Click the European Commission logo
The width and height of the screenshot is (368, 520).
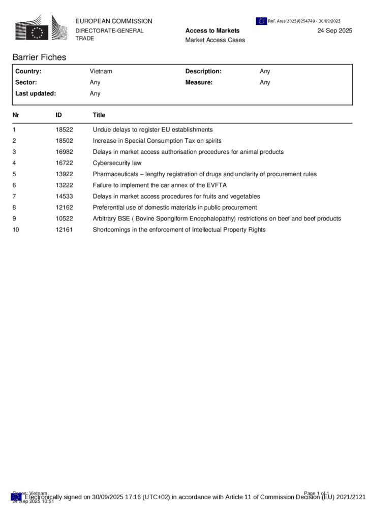pyautogui.click(x=40, y=28)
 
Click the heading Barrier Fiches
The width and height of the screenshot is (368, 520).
pyautogui.click(x=39, y=57)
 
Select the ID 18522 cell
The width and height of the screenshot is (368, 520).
pyautogui.click(x=64, y=129)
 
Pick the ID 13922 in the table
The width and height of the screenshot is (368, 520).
pyautogui.click(x=64, y=174)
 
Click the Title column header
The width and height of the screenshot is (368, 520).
pyautogui.click(x=99, y=115)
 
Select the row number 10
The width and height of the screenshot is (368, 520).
pyautogui.click(x=16, y=230)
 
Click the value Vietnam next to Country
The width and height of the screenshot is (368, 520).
pyautogui.click(x=101, y=72)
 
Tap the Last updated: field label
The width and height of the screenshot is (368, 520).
pyautogui.click(x=36, y=93)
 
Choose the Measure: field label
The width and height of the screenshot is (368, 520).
pyautogui.click(x=199, y=82)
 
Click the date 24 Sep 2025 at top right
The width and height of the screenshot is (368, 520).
pyautogui.click(x=334, y=30)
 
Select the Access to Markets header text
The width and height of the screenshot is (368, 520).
pyautogui.click(x=212, y=30)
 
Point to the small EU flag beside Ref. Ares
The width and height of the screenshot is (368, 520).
pyautogui.click(x=261, y=21)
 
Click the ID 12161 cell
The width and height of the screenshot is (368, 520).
pyautogui.click(x=64, y=230)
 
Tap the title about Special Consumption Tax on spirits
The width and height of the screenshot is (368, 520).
pyautogui.click(x=157, y=141)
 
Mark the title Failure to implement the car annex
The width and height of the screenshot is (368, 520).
pyautogui.click(x=160, y=185)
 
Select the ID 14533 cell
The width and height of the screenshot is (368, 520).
pyautogui.click(x=64, y=197)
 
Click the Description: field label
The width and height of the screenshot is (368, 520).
pyautogui.click(x=203, y=72)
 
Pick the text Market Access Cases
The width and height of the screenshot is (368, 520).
pyautogui.click(x=215, y=40)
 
